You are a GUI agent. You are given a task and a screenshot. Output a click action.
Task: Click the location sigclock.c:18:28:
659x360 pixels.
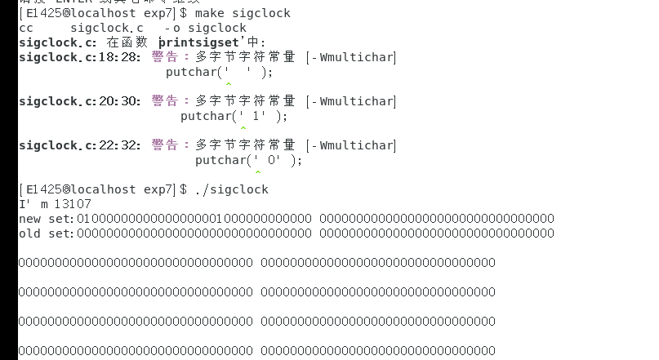(x=80, y=57)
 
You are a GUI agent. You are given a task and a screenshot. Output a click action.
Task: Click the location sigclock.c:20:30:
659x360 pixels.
(x=80, y=101)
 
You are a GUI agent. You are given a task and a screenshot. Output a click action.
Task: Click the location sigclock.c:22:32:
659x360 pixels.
(x=80, y=145)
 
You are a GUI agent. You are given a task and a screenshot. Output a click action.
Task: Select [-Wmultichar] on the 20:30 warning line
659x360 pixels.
(x=350, y=101)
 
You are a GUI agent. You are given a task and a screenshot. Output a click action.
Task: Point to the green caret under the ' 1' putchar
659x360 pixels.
(x=243, y=128)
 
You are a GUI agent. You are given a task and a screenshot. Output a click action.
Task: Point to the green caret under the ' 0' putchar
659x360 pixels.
(x=258, y=172)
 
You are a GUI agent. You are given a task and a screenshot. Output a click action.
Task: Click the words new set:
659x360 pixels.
(x=47, y=219)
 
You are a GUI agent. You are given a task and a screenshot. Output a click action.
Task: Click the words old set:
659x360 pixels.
(x=47, y=233)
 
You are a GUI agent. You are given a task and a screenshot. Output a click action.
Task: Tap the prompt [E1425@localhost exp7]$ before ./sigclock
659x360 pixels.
(x=102, y=189)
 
